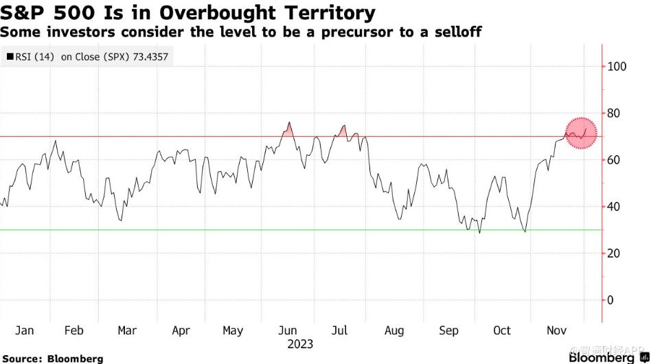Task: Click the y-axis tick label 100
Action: click(617, 67)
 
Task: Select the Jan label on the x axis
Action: click(24, 330)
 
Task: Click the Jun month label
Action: click(287, 330)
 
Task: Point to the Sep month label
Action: click(448, 330)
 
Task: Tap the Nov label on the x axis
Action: click(556, 330)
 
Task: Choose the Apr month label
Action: click(181, 330)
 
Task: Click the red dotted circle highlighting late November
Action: click(582, 133)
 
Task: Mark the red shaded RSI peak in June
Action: click(288, 129)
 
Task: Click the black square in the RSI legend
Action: click(10, 57)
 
